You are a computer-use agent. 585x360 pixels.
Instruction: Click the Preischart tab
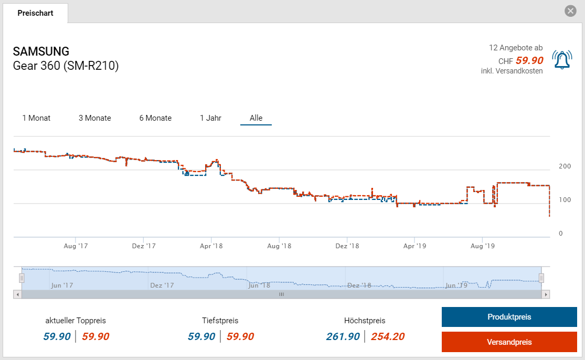[x=35, y=13]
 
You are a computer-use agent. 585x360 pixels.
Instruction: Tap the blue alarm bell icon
[x=562, y=60]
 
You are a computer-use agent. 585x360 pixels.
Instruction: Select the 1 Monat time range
[x=36, y=118]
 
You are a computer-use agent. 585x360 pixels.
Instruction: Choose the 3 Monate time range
[x=95, y=118]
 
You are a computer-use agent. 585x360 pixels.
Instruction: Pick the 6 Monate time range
[x=155, y=118]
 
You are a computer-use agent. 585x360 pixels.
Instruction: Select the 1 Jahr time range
[x=210, y=118]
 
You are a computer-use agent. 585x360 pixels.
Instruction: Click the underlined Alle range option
[x=256, y=118]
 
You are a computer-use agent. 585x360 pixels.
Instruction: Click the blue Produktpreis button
[x=509, y=317]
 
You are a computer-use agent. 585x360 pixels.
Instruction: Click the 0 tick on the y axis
[x=561, y=234]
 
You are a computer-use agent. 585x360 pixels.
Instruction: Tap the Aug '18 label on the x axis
[x=279, y=246]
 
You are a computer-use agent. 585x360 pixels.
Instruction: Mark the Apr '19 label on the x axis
[x=414, y=246]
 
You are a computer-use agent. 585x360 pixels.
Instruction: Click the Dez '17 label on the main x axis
[x=144, y=246]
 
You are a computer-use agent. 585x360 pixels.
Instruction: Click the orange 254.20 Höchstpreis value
[x=388, y=337]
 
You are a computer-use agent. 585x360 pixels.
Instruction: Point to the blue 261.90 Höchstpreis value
[x=343, y=337]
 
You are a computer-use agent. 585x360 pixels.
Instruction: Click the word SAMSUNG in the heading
[x=41, y=51]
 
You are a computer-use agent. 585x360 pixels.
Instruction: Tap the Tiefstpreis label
[x=220, y=320]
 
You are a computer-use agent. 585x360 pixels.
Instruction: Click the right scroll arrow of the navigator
[x=546, y=294]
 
